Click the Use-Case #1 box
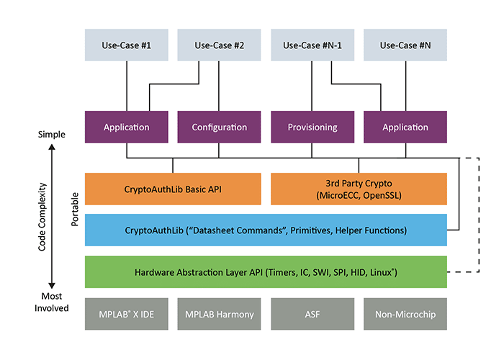coord(127,45)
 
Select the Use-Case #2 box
coord(220,45)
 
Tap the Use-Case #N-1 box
coord(312,45)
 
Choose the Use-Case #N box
coord(405,45)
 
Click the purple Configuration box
coord(220,127)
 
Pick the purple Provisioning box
coord(312,127)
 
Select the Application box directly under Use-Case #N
coord(405,127)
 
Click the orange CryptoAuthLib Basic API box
coord(173,189)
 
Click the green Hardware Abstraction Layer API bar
coord(266,272)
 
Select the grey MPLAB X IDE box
coord(127,314)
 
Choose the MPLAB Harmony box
coord(220,314)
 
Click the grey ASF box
coord(312,314)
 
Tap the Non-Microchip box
coord(405,314)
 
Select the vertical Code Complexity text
coord(44,215)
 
